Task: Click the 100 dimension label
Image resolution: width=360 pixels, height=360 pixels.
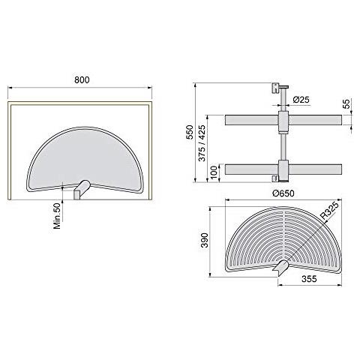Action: coord(214,171)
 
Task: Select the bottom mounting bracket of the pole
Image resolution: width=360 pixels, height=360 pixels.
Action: coord(276,178)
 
